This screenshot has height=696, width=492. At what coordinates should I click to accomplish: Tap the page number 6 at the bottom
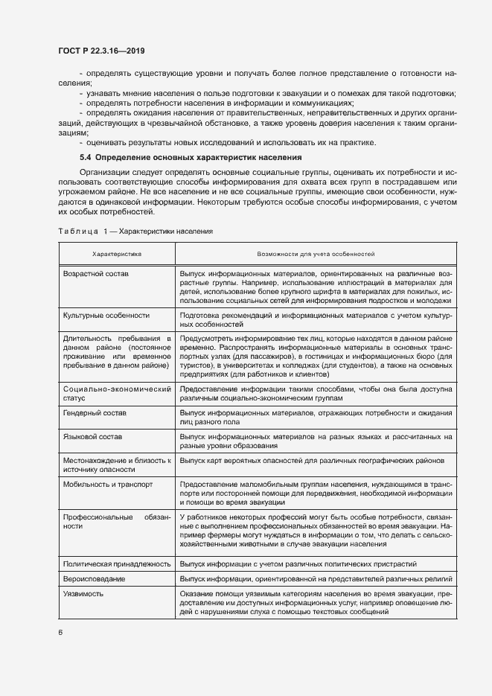[x=60, y=632]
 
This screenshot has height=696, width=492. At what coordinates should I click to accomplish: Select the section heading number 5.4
[x=85, y=158]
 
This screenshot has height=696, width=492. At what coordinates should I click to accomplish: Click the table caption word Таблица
[x=78, y=232]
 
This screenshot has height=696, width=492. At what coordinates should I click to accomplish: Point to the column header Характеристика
[x=117, y=254]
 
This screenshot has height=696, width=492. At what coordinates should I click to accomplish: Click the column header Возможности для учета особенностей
[x=316, y=254]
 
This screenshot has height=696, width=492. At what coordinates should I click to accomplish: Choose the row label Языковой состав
[x=92, y=436]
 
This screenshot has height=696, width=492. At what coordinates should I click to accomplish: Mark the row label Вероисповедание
[x=94, y=578]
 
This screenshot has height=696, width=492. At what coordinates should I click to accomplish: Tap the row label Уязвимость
[x=83, y=593]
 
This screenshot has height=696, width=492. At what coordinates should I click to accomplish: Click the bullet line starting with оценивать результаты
[x=231, y=142]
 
